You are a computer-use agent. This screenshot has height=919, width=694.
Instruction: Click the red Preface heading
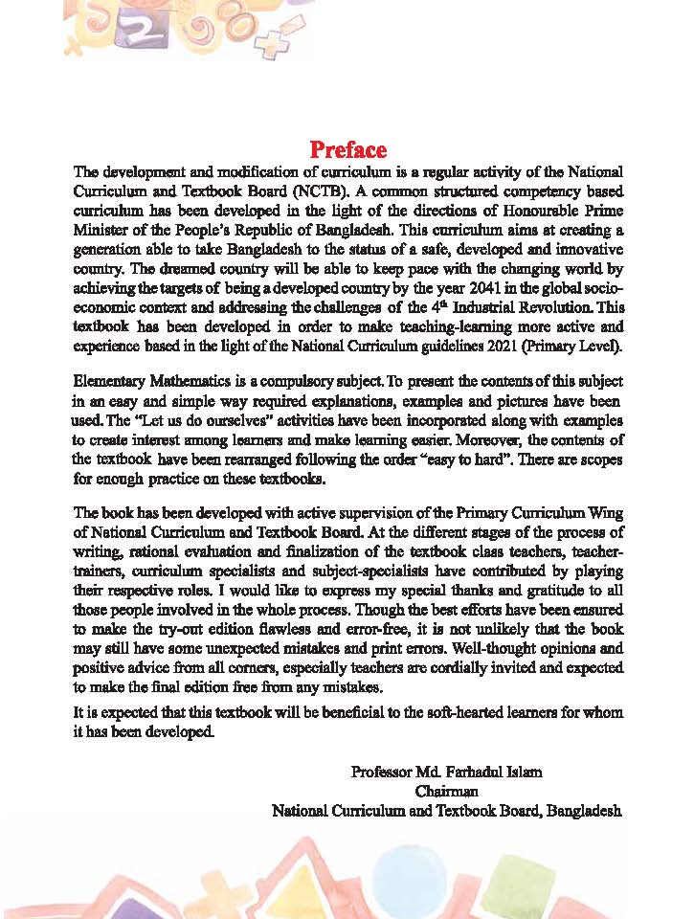pos(347,150)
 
